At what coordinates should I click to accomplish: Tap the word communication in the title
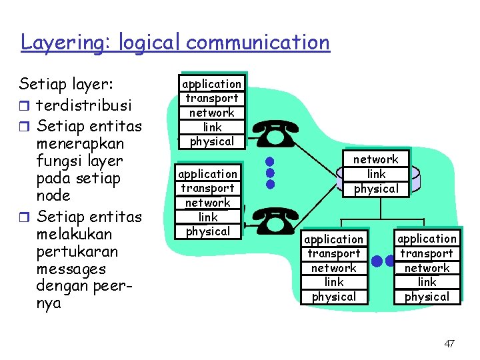tap(258, 43)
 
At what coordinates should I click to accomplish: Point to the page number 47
tap(449, 343)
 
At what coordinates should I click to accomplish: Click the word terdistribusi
tap(83, 106)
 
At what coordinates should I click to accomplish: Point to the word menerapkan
tap(80, 143)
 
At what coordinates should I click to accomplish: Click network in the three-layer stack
tap(375, 159)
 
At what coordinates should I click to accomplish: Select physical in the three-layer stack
tap(375, 189)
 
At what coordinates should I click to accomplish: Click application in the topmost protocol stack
tap(212, 84)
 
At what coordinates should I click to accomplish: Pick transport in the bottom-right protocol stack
tap(427, 253)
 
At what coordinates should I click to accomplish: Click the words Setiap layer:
tap(67, 84)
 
